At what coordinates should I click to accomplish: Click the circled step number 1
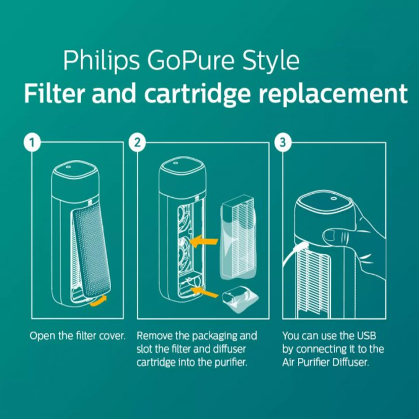click(x=32, y=143)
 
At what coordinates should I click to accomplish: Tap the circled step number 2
click(x=137, y=143)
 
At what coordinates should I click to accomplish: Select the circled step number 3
click(x=283, y=143)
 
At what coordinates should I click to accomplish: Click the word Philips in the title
click(x=101, y=61)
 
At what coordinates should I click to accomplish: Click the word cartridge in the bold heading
click(x=197, y=94)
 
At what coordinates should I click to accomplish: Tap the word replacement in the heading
click(x=333, y=94)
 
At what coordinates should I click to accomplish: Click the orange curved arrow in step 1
click(x=98, y=301)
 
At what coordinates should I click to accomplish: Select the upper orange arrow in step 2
click(x=204, y=242)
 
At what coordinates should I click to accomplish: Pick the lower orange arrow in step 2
click(x=204, y=292)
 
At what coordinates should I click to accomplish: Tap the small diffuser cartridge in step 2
click(x=240, y=299)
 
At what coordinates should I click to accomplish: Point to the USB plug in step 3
click(x=300, y=247)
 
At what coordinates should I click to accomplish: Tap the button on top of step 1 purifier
click(x=68, y=167)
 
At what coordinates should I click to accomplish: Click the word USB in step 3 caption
click(x=366, y=336)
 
